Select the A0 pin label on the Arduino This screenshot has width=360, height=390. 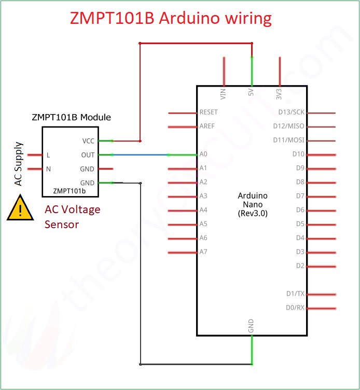[x=203, y=154]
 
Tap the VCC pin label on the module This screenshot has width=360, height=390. [x=88, y=141]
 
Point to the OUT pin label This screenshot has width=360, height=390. [x=88, y=155]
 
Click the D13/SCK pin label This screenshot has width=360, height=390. [x=291, y=112]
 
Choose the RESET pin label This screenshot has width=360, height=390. [x=209, y=112]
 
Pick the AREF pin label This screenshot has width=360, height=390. [x=207, y=126]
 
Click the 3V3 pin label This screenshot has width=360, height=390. [x=279, y=94]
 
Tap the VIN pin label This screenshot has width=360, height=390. [x=224, y=94]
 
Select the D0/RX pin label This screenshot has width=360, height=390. [x=295, y=308]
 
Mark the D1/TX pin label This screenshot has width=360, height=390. [x=295, y=294]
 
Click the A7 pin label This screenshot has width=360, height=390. [x=203, y=252]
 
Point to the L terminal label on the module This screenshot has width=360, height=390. [x=48, y=155]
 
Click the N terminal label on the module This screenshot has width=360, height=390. [x=48, y=169]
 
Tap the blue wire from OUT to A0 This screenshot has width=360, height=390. [x=140, y=155]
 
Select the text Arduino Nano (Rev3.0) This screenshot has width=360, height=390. [x=252, y=204]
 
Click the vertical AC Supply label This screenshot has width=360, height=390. [x=19, y=164]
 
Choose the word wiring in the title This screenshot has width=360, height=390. [x=244, y=18]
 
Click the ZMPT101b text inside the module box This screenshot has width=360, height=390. [x=69, y=191]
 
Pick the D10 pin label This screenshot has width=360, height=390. [x=298, y=154]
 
